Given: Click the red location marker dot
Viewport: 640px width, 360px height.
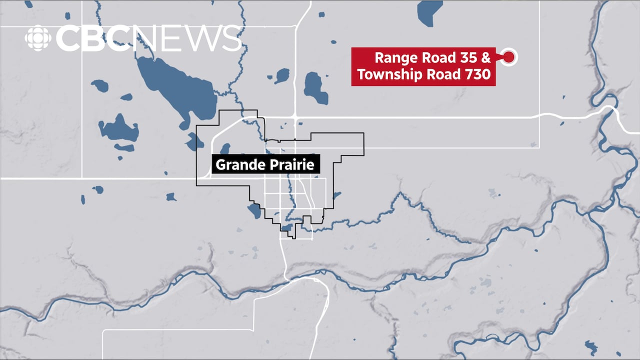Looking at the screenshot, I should [508, 57].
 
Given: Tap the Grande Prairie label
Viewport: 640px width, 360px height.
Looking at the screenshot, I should [265, 164].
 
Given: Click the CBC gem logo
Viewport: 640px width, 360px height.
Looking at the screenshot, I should [38, 38].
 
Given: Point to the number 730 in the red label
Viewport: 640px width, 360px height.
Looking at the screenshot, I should [477, 74].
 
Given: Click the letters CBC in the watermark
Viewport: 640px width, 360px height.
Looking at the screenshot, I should [92, 38].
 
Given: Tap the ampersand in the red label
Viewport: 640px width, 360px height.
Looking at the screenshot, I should [485, 57].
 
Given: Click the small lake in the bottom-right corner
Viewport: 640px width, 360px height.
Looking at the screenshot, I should [593, 346].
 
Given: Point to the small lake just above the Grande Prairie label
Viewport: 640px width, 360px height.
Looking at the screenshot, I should [225, 148].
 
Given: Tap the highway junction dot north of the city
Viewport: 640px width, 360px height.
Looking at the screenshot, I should [295, 116].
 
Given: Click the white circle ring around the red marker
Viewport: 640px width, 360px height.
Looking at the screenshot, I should [514, 57].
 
